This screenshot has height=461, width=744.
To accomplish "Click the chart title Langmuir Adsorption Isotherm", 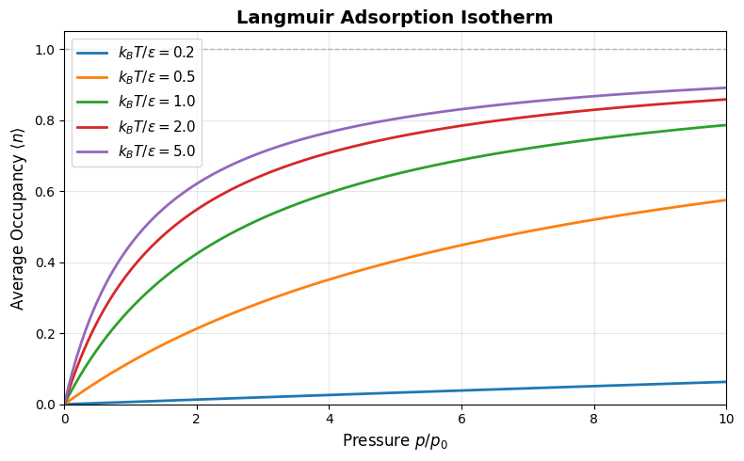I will tap(395, 17).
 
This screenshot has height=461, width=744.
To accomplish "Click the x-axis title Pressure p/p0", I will tap(395, 441).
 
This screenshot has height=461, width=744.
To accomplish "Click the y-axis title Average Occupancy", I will tap(18, 227).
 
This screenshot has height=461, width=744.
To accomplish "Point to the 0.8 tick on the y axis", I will tap(45, 120).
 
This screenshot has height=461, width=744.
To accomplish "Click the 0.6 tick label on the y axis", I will tap(45, 192).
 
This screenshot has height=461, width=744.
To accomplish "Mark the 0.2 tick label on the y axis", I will tap(45, 334).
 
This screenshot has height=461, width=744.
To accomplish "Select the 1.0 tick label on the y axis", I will tap(45, 50).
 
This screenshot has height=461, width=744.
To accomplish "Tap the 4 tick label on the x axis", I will tap(329, 419).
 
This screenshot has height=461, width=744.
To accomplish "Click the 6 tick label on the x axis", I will tap(461, 419).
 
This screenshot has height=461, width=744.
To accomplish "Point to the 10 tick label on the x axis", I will tap(726, 419).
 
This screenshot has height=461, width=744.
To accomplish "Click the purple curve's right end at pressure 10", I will tap(725, 87).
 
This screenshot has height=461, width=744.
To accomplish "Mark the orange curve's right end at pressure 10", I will tap(725, 199).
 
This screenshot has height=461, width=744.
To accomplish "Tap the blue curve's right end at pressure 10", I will tap(725, 382).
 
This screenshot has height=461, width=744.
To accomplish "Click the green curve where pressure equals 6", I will tap(461, 160).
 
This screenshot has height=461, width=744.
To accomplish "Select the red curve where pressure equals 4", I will tap(329, 153).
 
